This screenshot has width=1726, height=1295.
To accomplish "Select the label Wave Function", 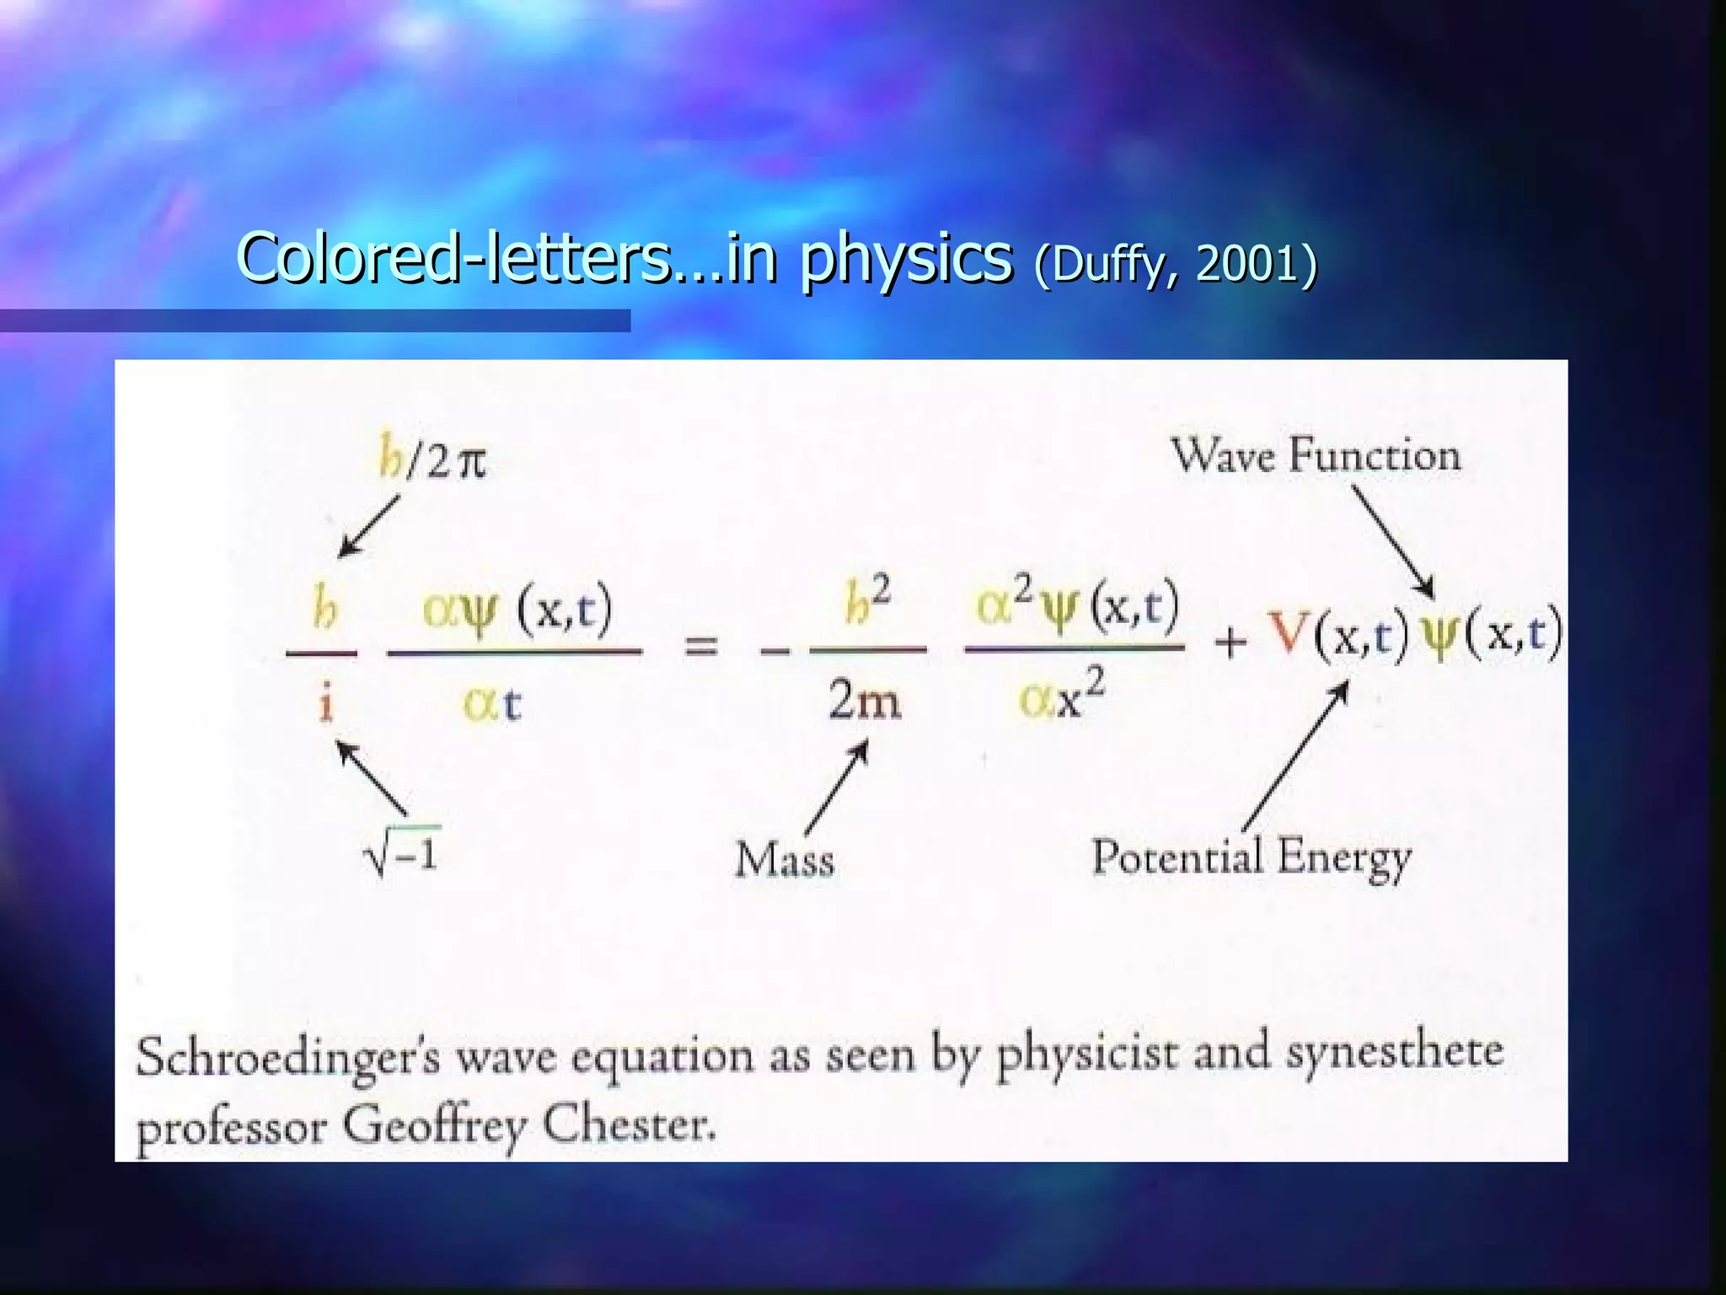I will [1316, 456].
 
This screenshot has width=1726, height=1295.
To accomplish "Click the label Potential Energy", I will [1252, 858].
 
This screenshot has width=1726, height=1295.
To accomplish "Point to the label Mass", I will [785, 861].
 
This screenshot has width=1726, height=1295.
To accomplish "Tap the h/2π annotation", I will [432, 459].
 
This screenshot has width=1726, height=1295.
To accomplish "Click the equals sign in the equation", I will [700, 647].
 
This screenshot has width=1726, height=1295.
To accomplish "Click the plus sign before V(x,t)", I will [1230, 642].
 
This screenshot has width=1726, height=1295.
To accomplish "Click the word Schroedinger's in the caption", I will [287, 1057].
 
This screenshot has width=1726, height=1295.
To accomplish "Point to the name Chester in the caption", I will [629, 1124].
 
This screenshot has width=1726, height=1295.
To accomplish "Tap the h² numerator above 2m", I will [867, 600].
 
